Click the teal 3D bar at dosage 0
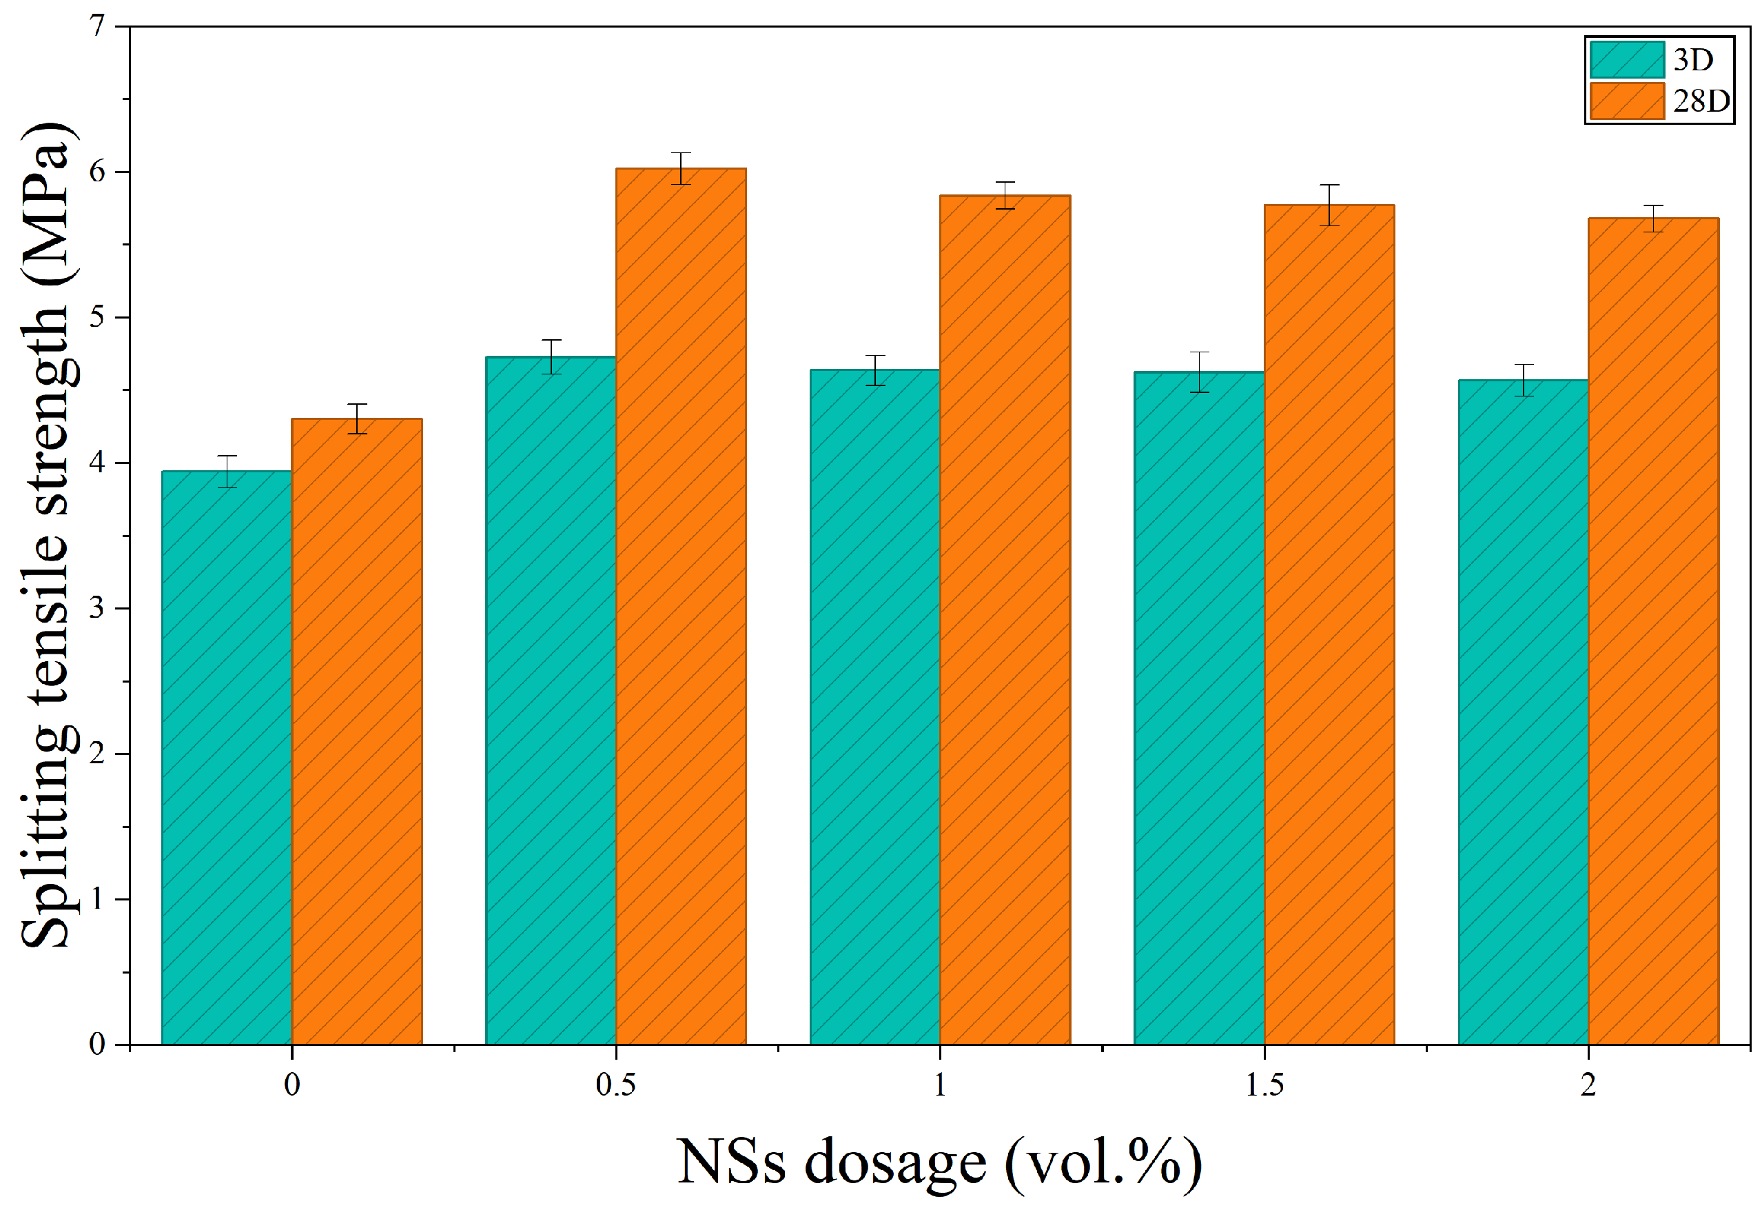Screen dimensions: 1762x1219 point(227,758)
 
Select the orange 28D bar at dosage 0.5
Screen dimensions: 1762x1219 point(681,607)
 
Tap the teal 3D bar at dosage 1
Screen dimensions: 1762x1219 point(875,707)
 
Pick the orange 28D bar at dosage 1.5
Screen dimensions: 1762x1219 point(1329,625)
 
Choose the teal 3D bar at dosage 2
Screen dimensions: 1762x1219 point(1524,712)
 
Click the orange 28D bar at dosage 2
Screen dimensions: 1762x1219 point(1654,632)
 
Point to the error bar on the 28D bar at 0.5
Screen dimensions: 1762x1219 point(681,168)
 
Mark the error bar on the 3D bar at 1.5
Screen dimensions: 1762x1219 point(1199,372)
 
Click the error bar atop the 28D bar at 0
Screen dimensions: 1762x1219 point(357,419)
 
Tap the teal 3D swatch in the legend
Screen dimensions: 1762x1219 point(1627,59)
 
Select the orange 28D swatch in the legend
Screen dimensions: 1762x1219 point(1627,101)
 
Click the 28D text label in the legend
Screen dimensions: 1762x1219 point(1701,101)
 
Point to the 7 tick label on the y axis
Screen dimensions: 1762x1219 point(97,26)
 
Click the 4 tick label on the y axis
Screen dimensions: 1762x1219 point(97,463)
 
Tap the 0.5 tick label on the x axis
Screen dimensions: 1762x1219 point(615,1085)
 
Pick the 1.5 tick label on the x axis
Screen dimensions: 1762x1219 point(1264,1085)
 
